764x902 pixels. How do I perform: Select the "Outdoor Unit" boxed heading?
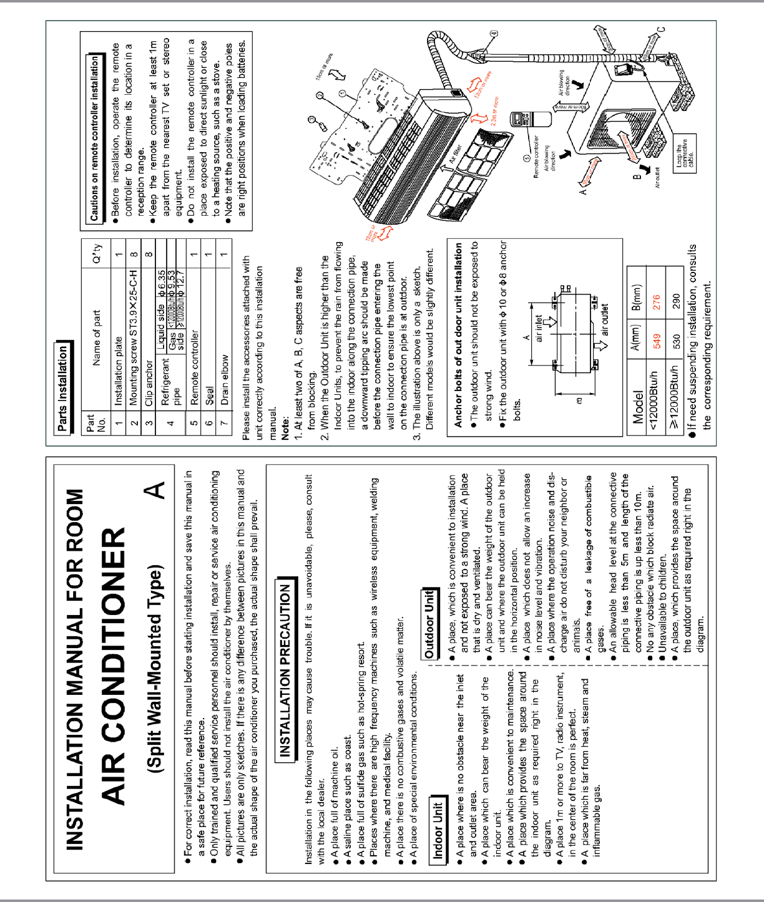[429, 623]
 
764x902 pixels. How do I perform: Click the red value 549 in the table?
[656, 341]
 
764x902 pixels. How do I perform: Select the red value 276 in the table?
[656, 302]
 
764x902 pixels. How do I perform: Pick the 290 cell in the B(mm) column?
[676, 302]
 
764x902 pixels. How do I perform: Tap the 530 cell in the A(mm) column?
[676, 341]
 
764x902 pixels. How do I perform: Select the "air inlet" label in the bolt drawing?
[539, 329]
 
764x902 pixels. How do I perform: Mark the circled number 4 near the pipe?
[493, 34]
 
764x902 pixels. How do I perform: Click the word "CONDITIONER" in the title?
[114, 666]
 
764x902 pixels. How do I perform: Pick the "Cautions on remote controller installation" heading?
[94, 138]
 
